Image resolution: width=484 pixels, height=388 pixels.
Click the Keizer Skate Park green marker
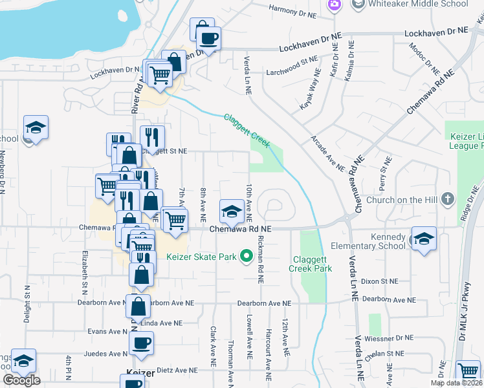246,257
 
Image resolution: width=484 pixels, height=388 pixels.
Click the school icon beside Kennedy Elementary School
423,240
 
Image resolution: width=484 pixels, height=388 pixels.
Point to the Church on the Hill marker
447,200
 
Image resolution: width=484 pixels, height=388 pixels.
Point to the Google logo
21,380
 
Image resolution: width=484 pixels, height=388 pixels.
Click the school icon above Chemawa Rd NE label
231,211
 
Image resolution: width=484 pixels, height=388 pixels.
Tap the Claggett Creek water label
247,131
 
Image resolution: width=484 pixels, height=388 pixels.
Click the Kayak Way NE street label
309,90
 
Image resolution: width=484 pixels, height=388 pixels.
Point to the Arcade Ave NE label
327,153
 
